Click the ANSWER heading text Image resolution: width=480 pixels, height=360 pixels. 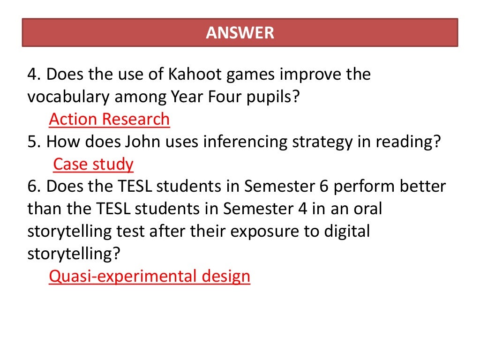pyautogui.click(x=240, y=33)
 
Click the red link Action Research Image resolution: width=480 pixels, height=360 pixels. pyautogui.click(x=109, y=120)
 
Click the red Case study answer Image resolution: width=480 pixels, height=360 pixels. pyautogui.click(x=93, y=165)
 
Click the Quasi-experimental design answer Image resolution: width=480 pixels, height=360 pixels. pyautogui.click(x=150, y=277)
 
